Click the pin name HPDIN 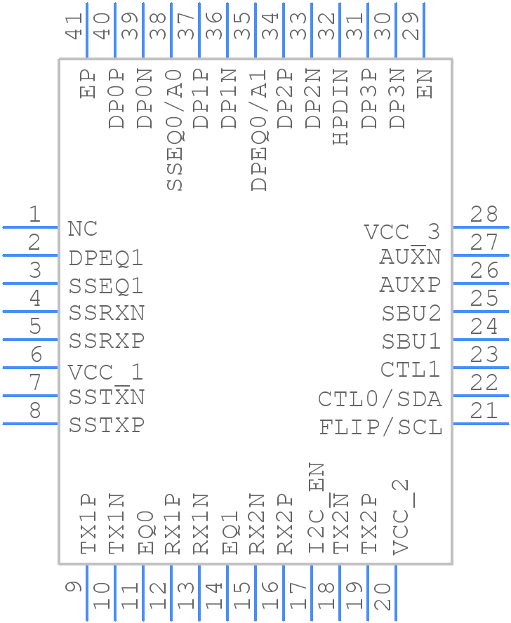coord(340,107)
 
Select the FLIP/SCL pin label coord(380,427)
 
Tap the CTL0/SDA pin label coord(380,399)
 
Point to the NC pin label coord(83,229)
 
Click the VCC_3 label coord(401,232)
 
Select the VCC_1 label coord(106,371)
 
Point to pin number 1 coord(34,215)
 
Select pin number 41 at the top coord(74,26)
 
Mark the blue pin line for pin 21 coord(481,423)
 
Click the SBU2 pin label coord(411,314)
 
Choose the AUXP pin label coord(410,286)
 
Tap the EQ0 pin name coord(146,537)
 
